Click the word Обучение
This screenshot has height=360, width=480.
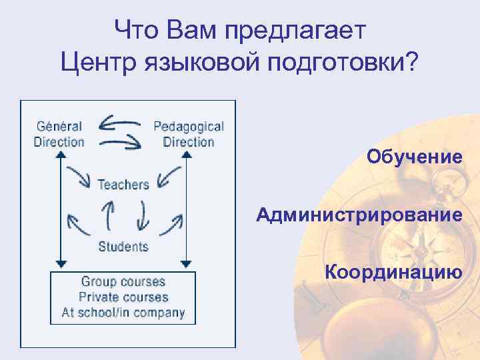click(414, 157)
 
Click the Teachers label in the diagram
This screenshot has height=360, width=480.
click(123, 184)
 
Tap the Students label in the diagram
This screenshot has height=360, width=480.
click(123, 247)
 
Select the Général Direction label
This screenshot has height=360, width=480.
click(59, 133)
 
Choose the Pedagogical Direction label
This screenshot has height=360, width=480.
click(189, 133)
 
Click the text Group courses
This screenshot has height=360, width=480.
click(123, 282)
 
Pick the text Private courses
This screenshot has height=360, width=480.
click(123, 297)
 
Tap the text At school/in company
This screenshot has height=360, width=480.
click(123, 313)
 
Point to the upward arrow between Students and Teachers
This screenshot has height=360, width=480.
click(107, 215)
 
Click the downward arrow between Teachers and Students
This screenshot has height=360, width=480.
click(142, 215)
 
